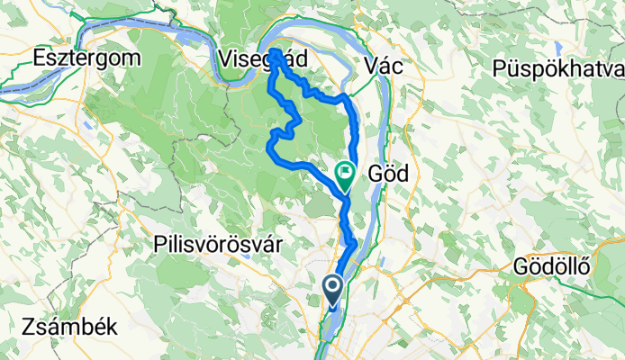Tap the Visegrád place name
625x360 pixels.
[x=262, y=58]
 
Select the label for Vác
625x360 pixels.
[x=384, y=65]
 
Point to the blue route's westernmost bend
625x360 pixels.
[x=270, y=144]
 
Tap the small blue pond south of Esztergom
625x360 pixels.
[x=86, y=125]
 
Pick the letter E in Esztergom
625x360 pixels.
[x=37, y=58]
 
